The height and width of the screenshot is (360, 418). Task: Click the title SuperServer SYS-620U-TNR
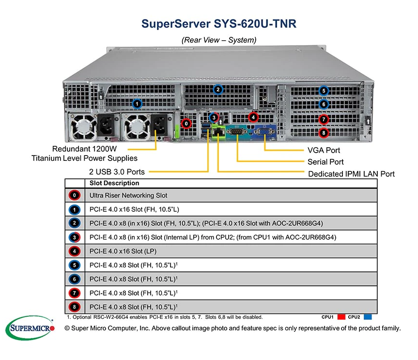[219, 24]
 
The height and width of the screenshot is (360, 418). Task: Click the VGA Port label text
[324, 150]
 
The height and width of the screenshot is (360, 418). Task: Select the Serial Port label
[325, 162]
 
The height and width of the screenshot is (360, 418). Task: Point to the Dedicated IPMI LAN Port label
[351, 173]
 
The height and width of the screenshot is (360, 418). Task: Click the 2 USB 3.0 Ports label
[117, 171]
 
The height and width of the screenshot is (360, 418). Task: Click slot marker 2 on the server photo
[218, 89]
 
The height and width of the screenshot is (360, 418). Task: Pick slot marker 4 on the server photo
[252, 117]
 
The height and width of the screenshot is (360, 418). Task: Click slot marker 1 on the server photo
[137, 103]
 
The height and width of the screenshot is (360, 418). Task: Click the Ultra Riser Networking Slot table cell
[128, 195]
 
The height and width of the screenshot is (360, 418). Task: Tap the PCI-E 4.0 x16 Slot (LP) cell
[123, 251]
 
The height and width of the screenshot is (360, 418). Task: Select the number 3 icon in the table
[74, 237]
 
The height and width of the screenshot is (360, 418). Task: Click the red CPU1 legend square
[341, 317]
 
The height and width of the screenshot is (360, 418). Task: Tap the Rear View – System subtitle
[219, 40]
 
